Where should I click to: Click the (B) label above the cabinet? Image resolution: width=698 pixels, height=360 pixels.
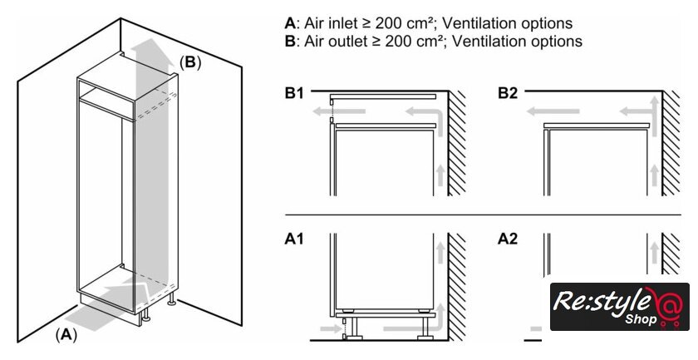click(x=190, y=62)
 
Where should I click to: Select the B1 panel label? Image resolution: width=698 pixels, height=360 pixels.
click(x=294, y=93)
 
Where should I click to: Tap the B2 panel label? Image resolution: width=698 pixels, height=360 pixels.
click(x=508, y=93)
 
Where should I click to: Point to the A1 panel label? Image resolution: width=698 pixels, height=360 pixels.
click(x=294, y=239)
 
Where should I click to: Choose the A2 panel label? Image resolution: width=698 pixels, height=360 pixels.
click(x=508, y=239)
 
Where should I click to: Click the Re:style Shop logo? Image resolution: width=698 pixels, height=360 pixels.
click(x=619, y=307)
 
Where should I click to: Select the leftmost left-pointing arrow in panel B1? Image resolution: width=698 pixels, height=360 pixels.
click(x=314, y=110)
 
